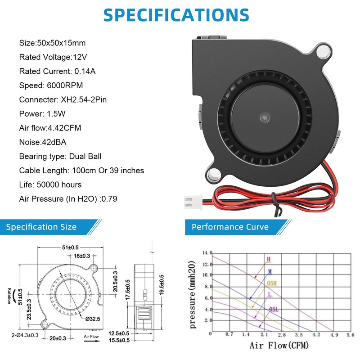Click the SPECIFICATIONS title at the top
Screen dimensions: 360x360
click(176, 14)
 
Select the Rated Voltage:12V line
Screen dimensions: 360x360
click(54, 57)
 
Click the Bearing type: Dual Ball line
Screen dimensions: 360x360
click(60, 157)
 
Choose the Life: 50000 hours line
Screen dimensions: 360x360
click(50, 184)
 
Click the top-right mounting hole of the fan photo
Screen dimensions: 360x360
click(323, 52)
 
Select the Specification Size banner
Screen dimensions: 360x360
click(41, 227)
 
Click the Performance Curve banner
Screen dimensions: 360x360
click(230, 227)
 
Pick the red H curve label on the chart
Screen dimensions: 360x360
click(269, 259)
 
